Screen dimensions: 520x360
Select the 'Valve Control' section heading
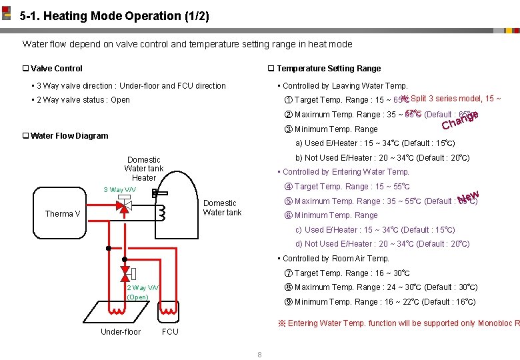coord(57,68)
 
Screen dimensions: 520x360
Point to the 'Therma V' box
coord(63,214)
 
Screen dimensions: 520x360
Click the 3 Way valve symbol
coord(124,207)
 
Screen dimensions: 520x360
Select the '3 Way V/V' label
coord(119,190)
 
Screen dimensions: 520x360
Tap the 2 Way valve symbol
coord(125,273)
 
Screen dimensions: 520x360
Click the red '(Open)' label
coord(137,297)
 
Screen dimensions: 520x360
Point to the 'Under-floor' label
coord(121,331)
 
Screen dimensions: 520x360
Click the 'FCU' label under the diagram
coord(170,331)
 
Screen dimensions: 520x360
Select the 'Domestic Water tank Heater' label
coord(143,169)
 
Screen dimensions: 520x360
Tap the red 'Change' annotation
coord(460,120)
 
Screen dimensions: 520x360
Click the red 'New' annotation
coord(469,196)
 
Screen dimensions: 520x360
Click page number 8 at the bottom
coord(259,354)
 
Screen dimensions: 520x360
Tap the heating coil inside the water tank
coord(160,211)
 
